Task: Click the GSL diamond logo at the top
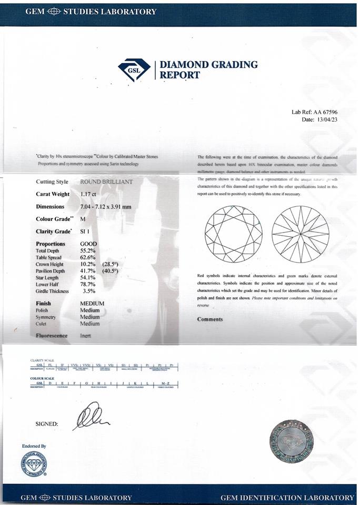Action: (x=134, y=69)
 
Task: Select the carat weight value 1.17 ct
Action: (x=89, y=194)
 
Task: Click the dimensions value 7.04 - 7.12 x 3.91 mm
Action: (x=105, y=207)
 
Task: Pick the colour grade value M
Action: (x=83, y=219)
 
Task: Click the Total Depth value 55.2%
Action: (x=88, y=251)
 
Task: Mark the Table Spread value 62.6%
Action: (x=88, y=258)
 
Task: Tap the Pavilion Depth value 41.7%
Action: (x=88, y=271)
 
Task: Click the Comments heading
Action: (x=209, y=319)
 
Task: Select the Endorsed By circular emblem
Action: (x=34, y=464)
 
